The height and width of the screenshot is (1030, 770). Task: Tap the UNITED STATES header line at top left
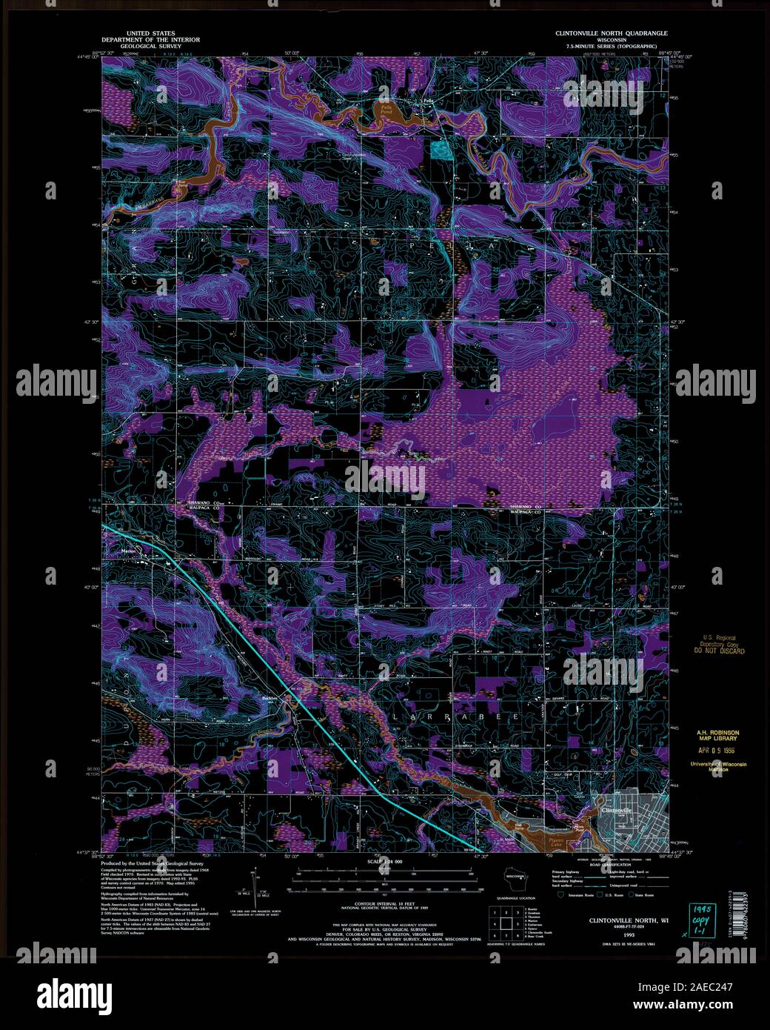pos(141,33)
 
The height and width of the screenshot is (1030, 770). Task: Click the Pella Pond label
pos(386,107)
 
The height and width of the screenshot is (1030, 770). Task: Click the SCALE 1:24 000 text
pos(385,863)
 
